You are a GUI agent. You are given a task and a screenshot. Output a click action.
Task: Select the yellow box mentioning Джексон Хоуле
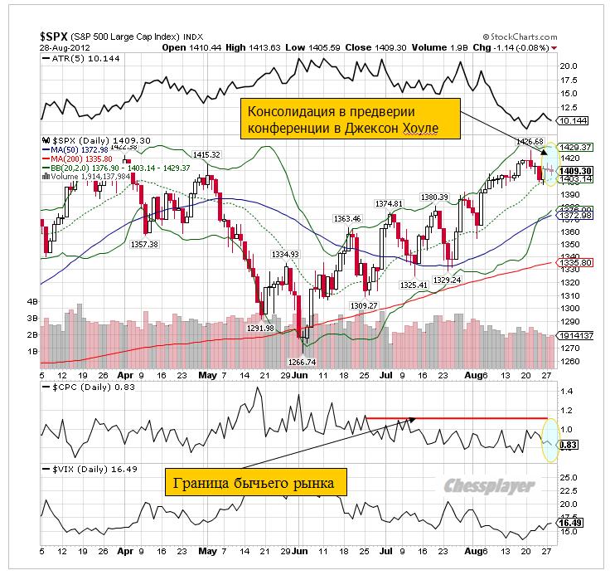[x=350, y=119]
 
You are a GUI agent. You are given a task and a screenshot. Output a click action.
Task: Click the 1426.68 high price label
[x=527, y=142]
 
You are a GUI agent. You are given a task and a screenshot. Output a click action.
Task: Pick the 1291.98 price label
[x=260, y=328]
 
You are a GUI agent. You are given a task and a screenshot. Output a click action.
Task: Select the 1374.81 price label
[x=389, y=203]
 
